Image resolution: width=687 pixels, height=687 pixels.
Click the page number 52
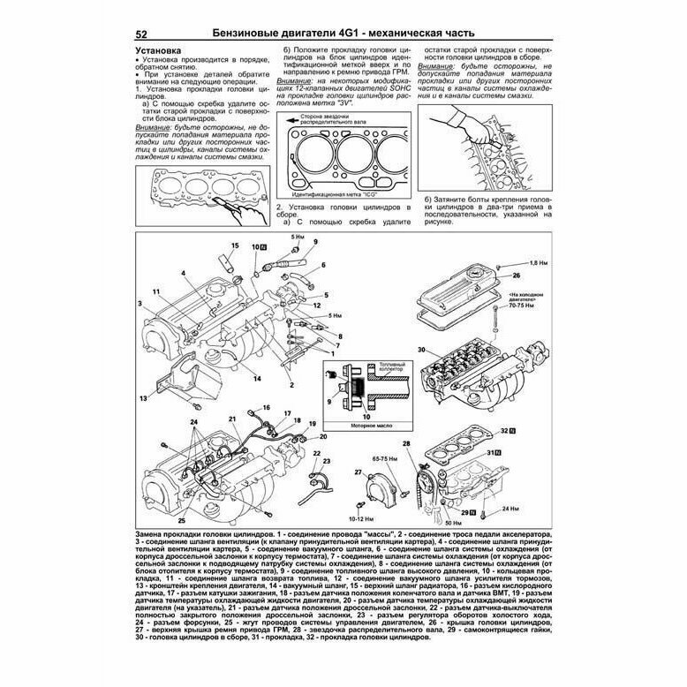click(x=140, y=34)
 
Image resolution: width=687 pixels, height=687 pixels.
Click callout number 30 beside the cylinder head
click(x=422, y=350)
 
